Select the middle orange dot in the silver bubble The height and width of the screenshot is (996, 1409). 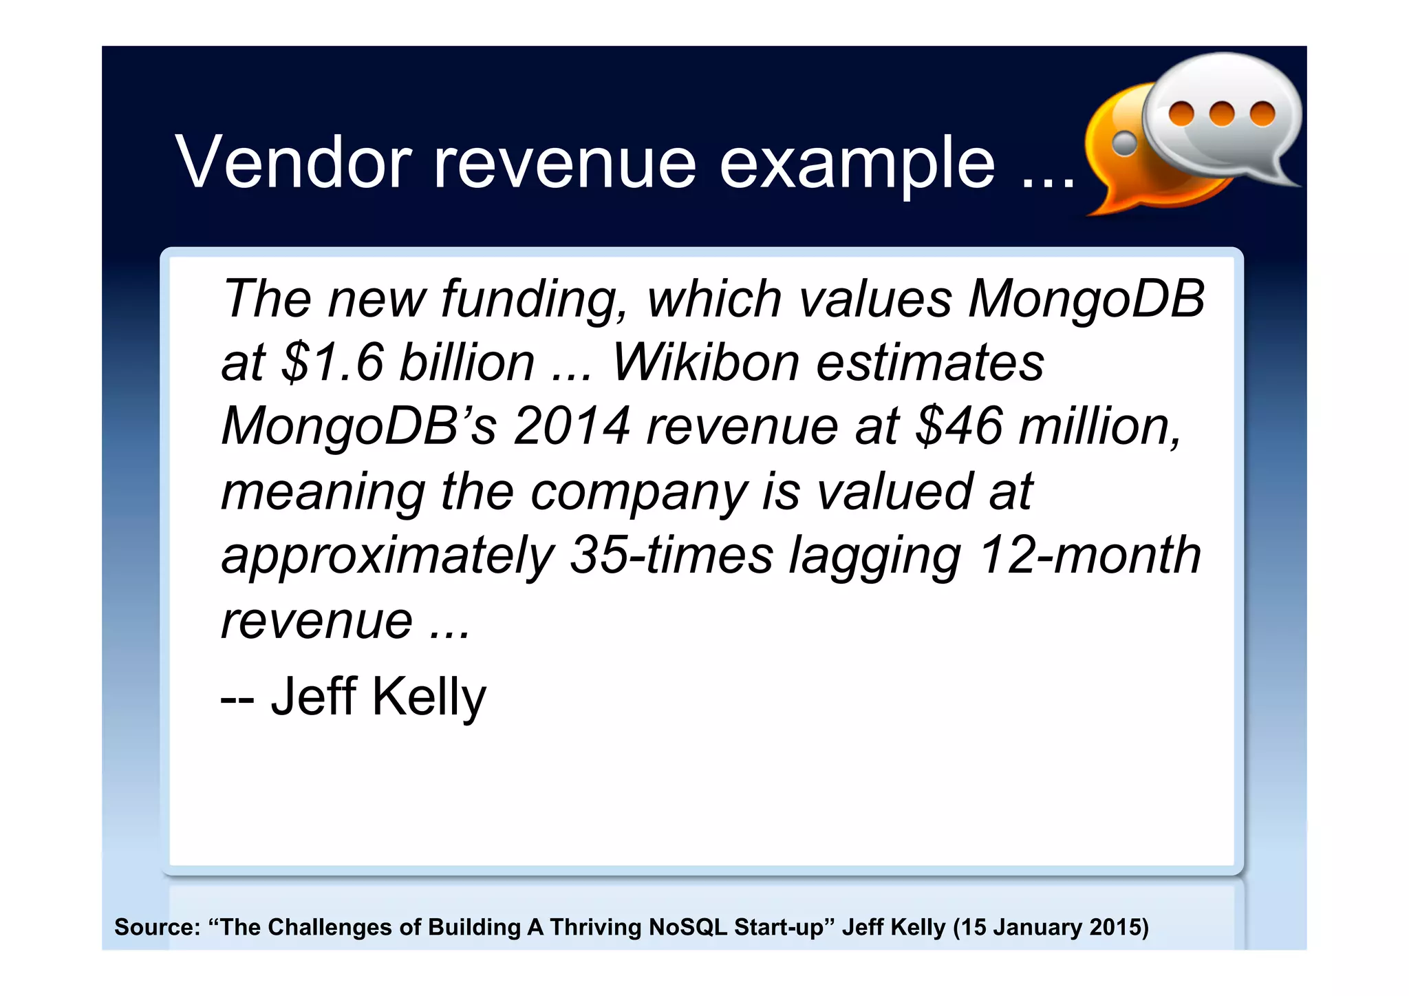pyautogui.click(x=1222, y=114)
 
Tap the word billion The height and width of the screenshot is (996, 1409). pyautogui.click(x=467, y=362)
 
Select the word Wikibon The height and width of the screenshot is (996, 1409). pyautogui.click(x=704, y=362)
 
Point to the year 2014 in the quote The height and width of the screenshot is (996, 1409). pyautogui.click(x=572, y=426)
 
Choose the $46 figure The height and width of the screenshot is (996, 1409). pyautogui.click(x=959, y=426)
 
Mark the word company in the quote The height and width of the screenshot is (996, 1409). pyautogui.click(x=638, y=491)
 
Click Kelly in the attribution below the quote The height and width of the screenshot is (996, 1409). pyautogui.click(x=429, y=697)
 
